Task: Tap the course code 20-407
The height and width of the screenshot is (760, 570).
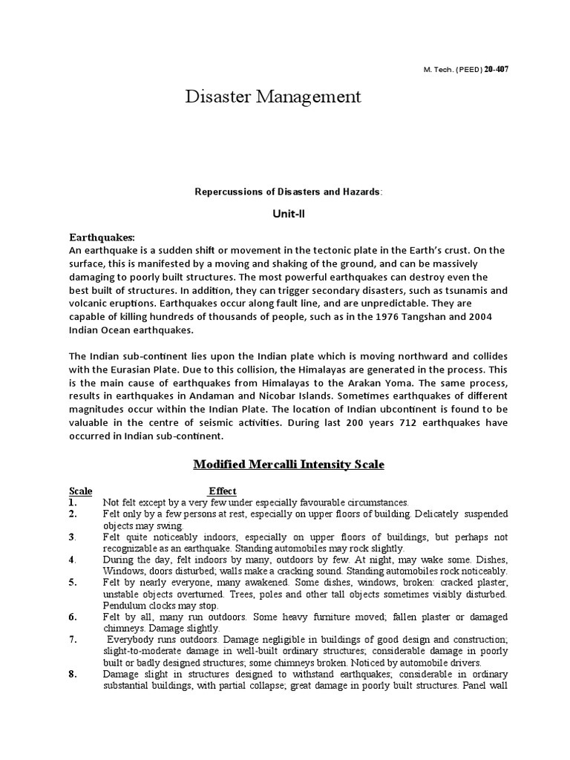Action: [497, 68]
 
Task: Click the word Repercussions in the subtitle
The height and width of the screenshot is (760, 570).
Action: [221, 191]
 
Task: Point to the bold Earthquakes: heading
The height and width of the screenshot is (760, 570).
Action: [102, 237]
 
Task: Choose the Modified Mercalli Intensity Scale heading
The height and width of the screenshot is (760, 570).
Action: [289, 465]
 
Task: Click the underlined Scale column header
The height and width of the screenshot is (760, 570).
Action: [81, 491]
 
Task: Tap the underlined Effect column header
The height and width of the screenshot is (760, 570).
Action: [222, 491]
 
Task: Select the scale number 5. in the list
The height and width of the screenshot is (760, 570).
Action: [73, 583]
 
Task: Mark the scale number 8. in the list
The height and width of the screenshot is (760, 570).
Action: [73, 674]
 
